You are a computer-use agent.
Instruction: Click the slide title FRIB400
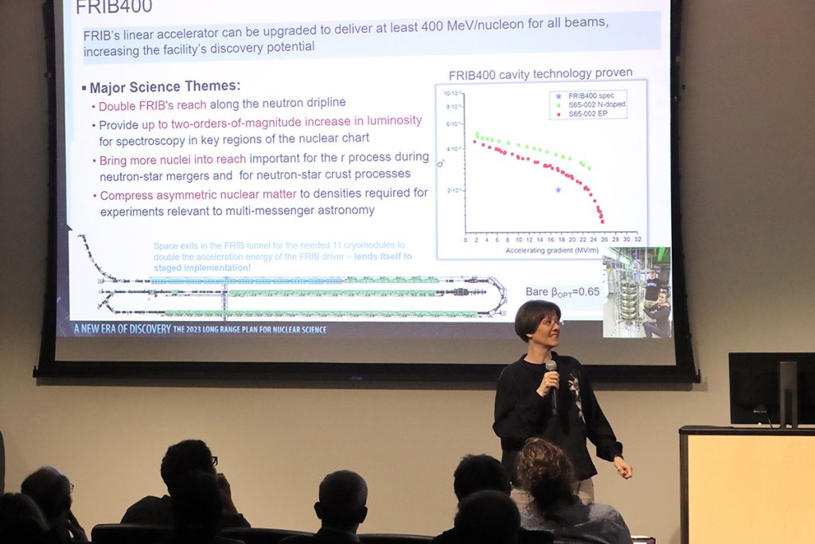pyautogui.click(x=114, y=8)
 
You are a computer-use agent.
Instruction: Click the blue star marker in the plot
pyautogui.click(x=558, y=190)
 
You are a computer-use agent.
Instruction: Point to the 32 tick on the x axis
pyautogui.click(x=637, y=240)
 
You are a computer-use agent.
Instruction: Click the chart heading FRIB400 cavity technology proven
pyautogui.click(x=540, y=73)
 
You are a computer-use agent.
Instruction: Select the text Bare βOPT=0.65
pyautogui.click(x=563, y=292)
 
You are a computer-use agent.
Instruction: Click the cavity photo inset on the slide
pyautogui.click(x=637, y=292)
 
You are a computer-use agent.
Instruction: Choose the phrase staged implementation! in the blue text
pyautogui.click(x=202, y=268)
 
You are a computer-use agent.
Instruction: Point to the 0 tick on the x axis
pyautogui.click(x=466, y=240)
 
